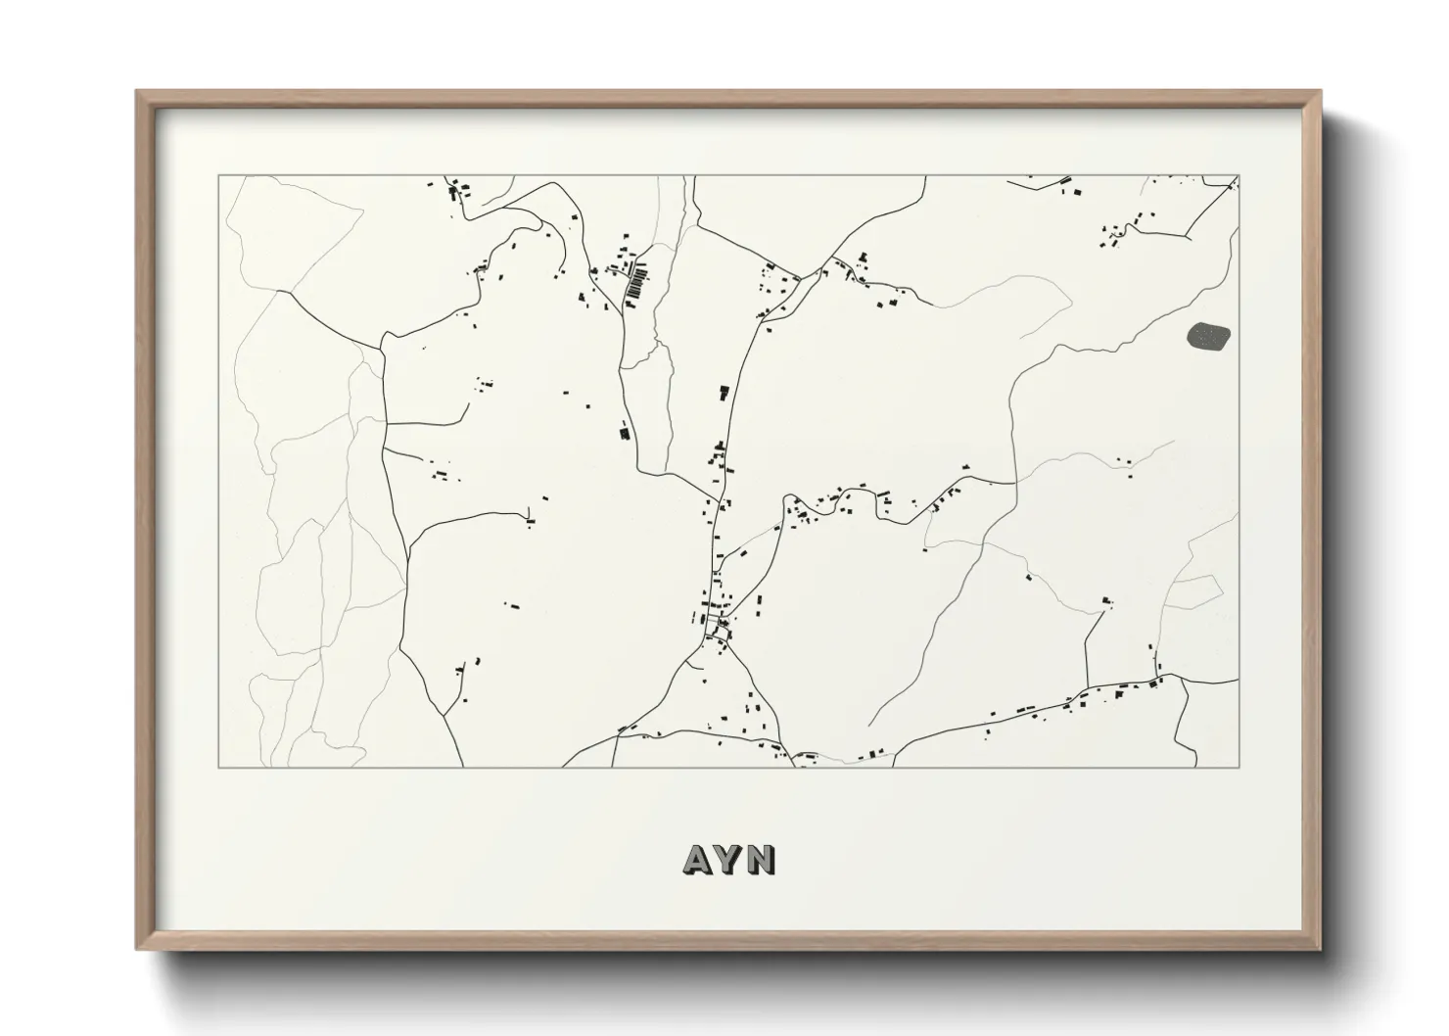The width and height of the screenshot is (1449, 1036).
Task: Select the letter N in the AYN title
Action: tap(762, 860)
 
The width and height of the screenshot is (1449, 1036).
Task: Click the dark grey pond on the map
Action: tap(1208, 337)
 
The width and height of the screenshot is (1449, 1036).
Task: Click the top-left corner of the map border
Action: tap(218, 176)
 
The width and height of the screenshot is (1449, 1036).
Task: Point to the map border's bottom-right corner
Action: tap(1239, 767)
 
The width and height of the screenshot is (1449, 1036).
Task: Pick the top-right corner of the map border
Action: tap(1239, 176)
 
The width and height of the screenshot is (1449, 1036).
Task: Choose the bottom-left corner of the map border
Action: tap(218, 767)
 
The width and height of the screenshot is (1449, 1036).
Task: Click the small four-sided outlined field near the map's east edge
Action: tap(1194, 590)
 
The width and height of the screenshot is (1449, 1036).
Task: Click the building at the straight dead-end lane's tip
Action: tap(1106, 599)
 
